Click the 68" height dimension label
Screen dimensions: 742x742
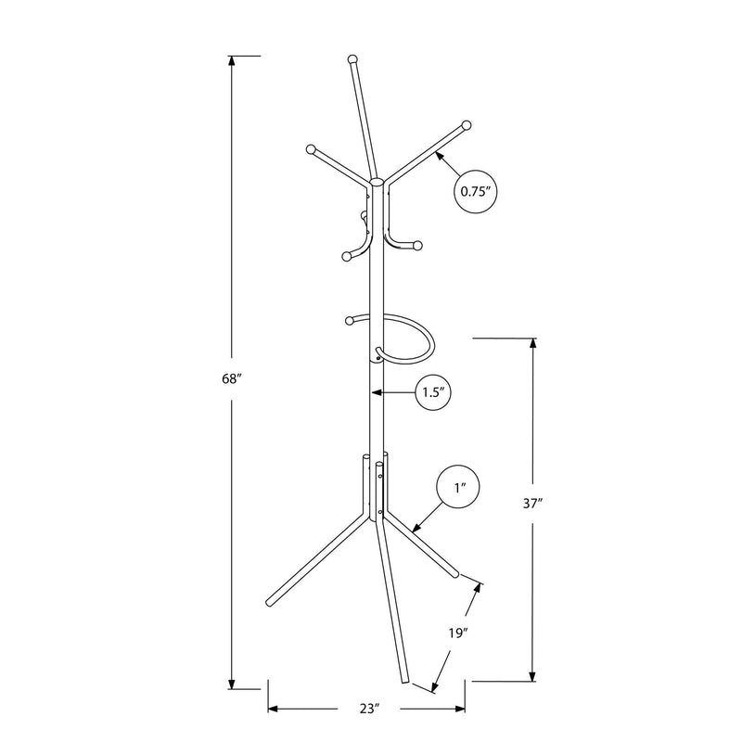point(232,379)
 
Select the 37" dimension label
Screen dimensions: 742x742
point(532,504)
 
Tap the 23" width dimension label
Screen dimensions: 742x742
point(370,709)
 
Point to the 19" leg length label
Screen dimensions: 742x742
point(454,634)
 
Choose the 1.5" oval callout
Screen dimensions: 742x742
point(430,393)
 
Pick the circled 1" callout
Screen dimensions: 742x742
point(460,486)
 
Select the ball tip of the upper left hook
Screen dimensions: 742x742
point(311,147)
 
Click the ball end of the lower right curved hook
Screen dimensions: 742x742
point(418,245)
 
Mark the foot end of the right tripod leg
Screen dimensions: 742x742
point(455,575)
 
